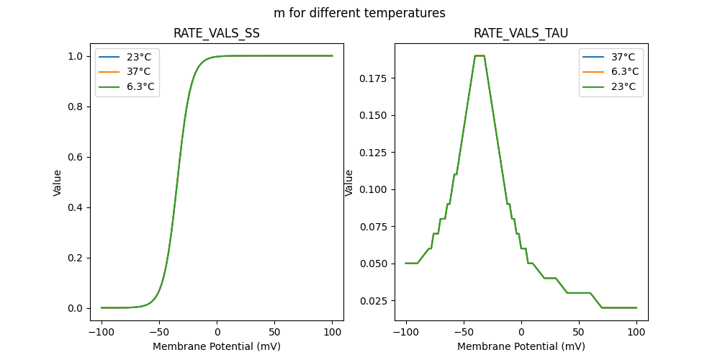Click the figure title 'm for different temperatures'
click(359, 13)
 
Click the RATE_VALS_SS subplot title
click(217, 34)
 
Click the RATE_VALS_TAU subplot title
click(521, 34)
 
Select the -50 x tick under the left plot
click(159, 332)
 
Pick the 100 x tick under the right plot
click(636, 332)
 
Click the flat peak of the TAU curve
click(480, 55)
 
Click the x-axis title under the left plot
click(217, 346)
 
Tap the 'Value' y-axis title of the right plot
click(349, 182)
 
